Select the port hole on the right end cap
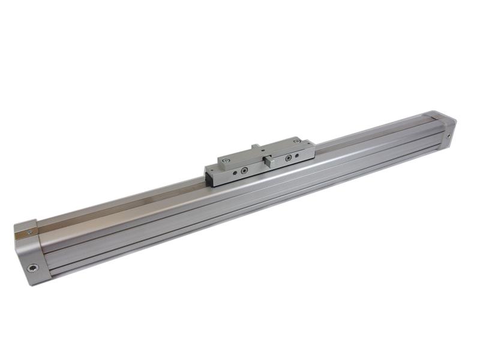coord(448,136)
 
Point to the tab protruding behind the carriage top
coord(256,146)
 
